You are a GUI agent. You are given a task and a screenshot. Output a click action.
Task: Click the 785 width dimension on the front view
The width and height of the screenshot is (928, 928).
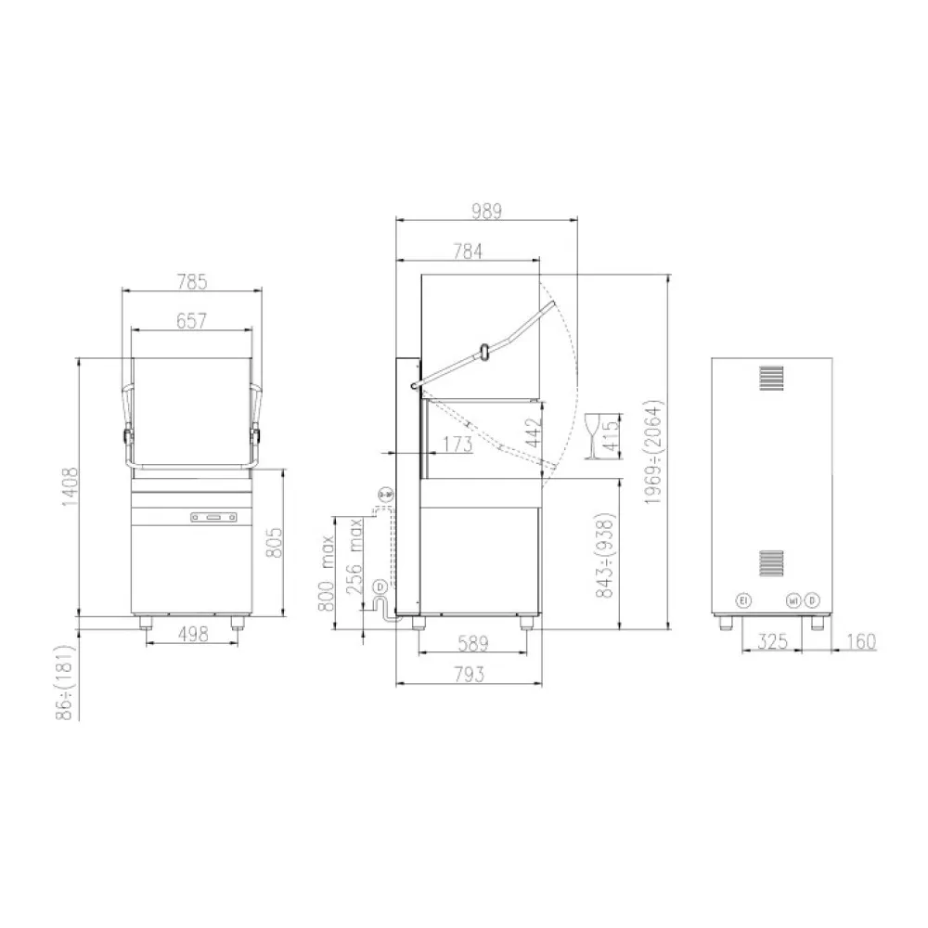coord(192,279)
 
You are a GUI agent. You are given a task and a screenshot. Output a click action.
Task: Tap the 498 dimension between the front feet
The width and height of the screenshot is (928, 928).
coord(192,634)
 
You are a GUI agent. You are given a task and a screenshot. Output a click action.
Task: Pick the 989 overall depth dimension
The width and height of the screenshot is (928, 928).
coord(485,211)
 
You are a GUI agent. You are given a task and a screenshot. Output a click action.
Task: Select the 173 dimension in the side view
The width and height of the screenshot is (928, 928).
coord(457,445)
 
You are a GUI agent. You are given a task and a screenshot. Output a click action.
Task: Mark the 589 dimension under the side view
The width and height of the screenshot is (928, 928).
coord(474,643)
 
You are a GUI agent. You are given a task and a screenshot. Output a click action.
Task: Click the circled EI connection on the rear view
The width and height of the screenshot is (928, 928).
coord(741,601)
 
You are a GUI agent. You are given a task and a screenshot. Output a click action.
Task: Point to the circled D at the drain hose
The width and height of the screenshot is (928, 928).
coord(380,586)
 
